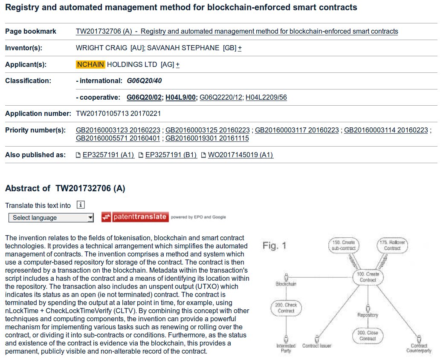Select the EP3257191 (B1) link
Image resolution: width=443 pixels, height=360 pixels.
pyautogui.click(x=171, y=155)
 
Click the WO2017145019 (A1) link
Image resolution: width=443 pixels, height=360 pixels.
pyautogui.click(x=240, y=155)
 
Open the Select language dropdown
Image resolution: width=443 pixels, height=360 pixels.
pyautogui.click(x=51, y=218)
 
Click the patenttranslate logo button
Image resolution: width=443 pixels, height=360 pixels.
pyautogui.click(x=135, y=217)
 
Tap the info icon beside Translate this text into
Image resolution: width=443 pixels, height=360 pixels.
pyautogui.click(x=81, y=205)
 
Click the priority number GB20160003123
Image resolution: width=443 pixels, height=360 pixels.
pyautogui.click(x=119, y=130)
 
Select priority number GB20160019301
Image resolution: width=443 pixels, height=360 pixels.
pyautogui.click(x=207, y=138)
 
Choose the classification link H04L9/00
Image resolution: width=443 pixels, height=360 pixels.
pyautogui.click(x=181, y=97)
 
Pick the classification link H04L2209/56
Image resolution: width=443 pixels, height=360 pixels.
pyautogui.click(x=266, y=97)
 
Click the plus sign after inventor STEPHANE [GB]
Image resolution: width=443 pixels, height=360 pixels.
pyautogui.click(x=240, y=48)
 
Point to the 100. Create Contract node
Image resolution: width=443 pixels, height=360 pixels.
pyautogui.click(x=368, y=277)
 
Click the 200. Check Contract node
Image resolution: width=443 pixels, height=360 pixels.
pyautogui.click(x=286, y=308)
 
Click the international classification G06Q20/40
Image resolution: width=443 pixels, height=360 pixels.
pyautogui.click(x=145, y=81)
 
